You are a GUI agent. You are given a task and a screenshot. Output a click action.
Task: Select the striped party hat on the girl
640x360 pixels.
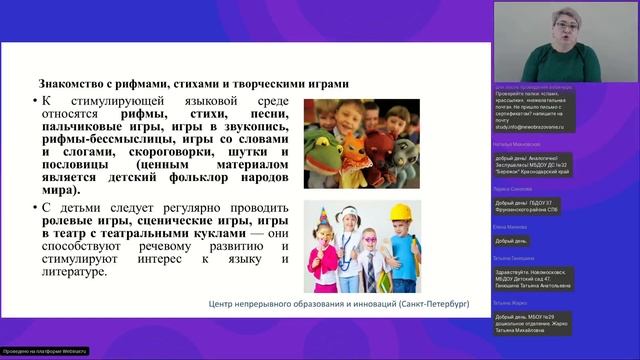(x=326, y=220)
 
